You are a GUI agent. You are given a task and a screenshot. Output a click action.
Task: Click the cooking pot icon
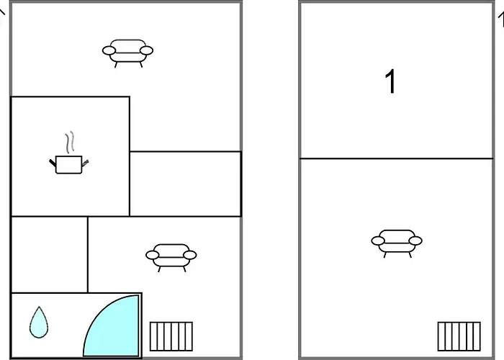69,165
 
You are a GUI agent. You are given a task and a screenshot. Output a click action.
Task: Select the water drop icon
38,322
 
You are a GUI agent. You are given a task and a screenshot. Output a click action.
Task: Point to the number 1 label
390,83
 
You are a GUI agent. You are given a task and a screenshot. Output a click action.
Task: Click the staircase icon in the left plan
171,336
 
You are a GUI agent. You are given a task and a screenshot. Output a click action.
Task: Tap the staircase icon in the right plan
459,336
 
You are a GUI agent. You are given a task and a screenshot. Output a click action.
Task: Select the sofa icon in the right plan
396,241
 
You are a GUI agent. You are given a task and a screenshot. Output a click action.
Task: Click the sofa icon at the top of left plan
127,51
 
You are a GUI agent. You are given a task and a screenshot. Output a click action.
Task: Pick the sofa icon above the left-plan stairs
171,255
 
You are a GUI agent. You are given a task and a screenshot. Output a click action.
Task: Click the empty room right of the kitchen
185,184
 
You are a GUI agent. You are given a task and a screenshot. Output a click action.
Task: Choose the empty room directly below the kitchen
49,254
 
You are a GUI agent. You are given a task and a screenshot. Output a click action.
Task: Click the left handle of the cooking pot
53,163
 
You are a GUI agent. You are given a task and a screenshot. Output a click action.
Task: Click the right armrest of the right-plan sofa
415,241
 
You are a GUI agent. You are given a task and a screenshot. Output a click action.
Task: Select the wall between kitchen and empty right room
130,184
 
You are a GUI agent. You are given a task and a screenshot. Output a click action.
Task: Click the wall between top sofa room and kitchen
70,96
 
